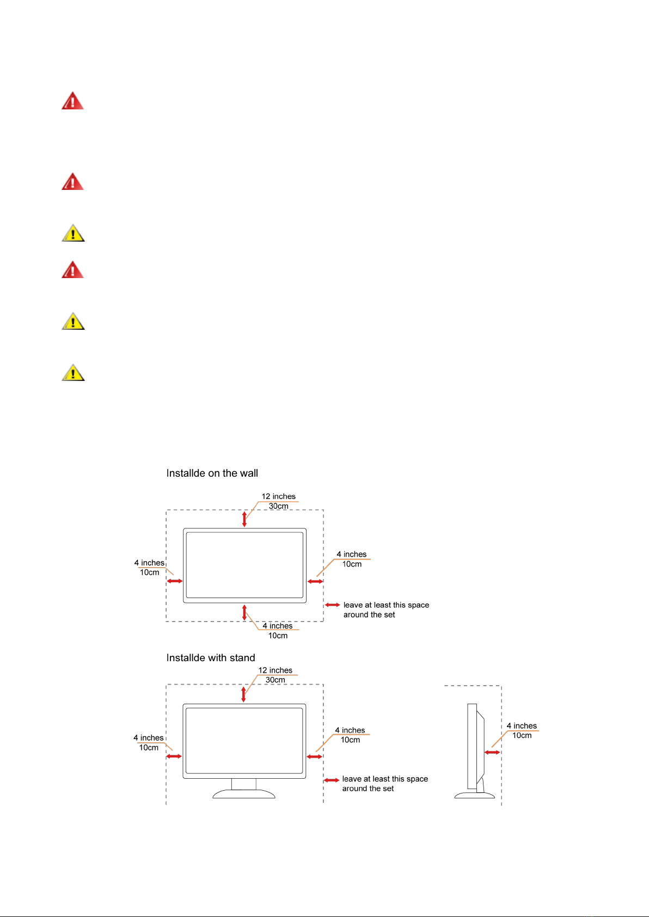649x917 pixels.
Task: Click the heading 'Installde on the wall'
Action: (x=212, y=473)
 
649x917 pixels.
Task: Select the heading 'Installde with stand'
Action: (x=211, y=658)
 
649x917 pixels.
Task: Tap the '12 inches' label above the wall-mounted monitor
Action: (x=278, y=496)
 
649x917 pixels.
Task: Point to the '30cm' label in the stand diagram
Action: (x=275, y=680)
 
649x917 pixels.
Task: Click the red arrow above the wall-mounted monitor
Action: (x=244, y=519)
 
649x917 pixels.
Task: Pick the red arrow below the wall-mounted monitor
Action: (x=244, y=613)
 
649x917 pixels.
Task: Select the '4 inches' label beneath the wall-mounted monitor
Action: (x=278, y=626)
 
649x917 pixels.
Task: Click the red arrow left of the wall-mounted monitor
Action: (x=175, y=581)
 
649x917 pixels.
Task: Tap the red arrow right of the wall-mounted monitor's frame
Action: (x=315, y=581)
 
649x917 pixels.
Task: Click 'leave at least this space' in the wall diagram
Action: (x=386, y=605)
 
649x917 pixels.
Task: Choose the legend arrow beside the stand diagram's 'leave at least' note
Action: (x=332, y=780)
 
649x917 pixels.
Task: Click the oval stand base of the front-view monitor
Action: (x=243, y=794)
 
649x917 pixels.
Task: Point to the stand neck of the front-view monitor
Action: (x=243, y=784)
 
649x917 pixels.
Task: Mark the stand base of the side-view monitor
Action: (x=475, y=796)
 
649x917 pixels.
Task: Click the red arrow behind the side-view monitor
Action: (x=492, y=753)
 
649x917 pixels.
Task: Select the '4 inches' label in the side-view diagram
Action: (x=522, y=726)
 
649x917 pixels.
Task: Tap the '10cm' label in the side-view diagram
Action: (x=522, y=736)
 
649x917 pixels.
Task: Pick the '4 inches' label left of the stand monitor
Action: (x=148, y=738)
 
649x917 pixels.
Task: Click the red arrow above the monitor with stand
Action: (x=243, y=694)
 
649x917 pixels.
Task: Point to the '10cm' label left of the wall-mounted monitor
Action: (x=149, y=573)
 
